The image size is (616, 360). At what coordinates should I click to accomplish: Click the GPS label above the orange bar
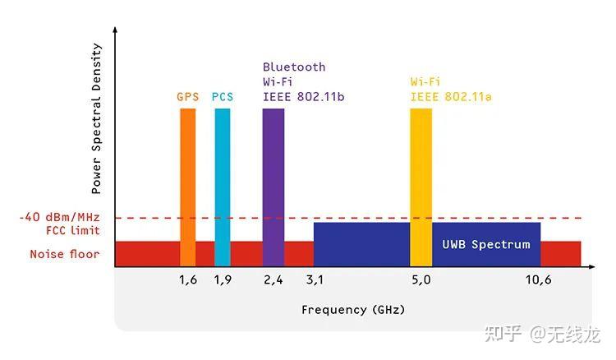(188, 97)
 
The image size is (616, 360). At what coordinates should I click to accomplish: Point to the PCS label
(223, 97)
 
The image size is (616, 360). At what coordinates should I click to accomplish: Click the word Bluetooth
(294, 67)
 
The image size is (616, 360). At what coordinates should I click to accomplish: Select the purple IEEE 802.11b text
(303, 97)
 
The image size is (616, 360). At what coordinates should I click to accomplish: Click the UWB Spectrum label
(486, 245)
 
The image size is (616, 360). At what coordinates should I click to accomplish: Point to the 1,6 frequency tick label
(188, 279)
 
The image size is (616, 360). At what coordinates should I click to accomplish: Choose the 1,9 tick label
(223, 279)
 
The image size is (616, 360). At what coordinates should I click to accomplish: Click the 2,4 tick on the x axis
(274, 279)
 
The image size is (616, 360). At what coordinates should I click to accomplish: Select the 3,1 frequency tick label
(315, 279)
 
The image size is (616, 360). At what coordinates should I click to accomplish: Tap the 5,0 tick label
(421, 279)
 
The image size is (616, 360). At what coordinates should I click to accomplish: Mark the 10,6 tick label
(538, 279)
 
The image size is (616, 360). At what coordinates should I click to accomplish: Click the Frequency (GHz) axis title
(353, 310)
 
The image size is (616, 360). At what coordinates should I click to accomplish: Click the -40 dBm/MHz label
(59, 218)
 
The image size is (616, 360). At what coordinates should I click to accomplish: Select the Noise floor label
(65, 254)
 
